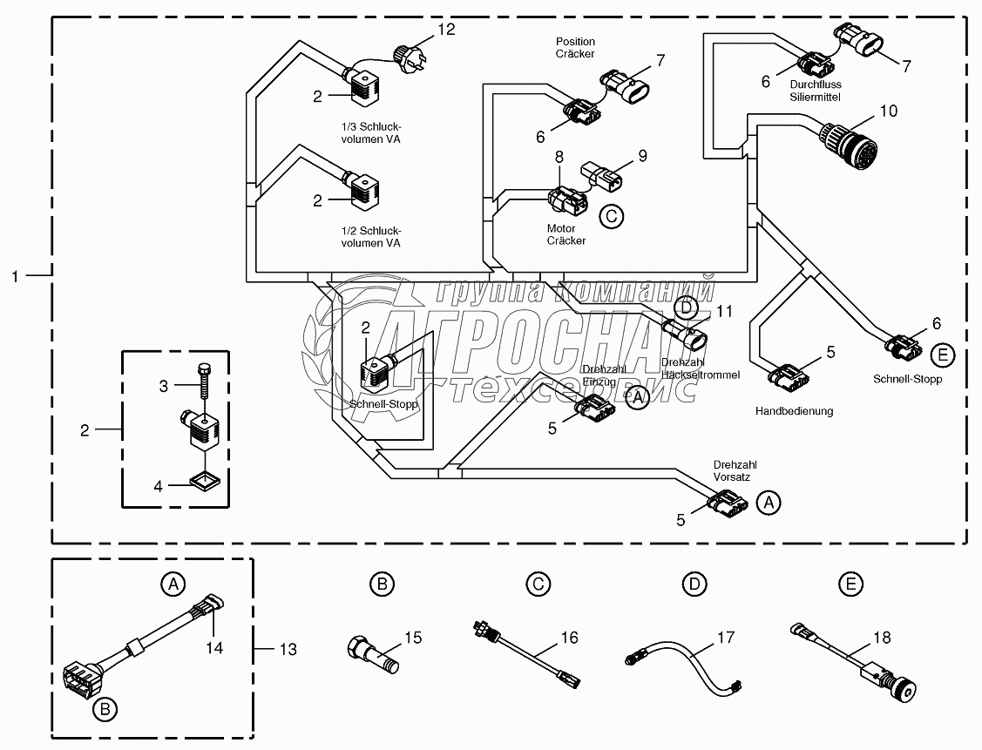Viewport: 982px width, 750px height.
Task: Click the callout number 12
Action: pos(446,30)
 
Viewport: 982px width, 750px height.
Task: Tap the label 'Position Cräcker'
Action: pos(575,47)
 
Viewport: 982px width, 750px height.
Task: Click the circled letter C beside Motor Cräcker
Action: pos(613,216)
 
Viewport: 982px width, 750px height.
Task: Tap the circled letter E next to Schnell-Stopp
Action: pos(942,355)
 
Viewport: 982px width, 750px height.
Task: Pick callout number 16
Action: pos(569,638)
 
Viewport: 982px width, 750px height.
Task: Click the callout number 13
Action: pos(287,649)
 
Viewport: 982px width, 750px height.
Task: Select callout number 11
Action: pos(726,311)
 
